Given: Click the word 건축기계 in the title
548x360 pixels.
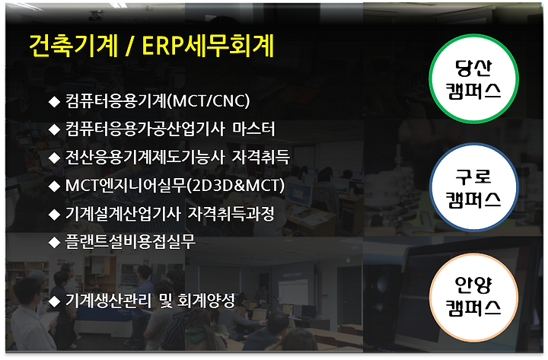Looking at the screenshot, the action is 74,46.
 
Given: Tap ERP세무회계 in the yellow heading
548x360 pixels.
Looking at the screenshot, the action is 208,46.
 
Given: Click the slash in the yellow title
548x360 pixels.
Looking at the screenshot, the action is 130,46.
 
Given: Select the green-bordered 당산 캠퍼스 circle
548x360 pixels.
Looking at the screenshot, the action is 473,78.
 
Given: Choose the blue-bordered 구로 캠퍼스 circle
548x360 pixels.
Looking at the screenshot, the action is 473,187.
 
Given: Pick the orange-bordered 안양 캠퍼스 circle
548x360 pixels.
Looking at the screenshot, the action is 473,297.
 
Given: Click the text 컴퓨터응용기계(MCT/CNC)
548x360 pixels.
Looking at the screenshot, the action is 158,101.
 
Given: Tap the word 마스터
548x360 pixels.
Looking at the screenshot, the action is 253,129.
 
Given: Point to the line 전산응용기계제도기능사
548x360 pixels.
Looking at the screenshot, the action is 145,157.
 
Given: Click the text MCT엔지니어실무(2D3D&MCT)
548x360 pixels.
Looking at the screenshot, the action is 175,186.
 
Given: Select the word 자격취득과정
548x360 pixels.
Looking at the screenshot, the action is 231,214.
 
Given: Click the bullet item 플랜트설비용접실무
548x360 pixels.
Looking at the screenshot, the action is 130,241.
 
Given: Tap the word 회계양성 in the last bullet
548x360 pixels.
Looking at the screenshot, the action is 206,301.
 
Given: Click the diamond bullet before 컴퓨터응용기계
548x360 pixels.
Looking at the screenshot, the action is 54,102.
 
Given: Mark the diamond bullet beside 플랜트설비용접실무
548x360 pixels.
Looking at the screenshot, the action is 54,242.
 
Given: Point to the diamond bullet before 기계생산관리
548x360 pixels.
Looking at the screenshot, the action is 54,301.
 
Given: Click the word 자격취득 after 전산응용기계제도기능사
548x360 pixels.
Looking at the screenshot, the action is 261,157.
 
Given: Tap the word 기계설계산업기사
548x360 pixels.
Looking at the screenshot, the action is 123,214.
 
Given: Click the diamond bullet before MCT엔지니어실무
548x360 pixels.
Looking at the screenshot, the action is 54,186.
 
